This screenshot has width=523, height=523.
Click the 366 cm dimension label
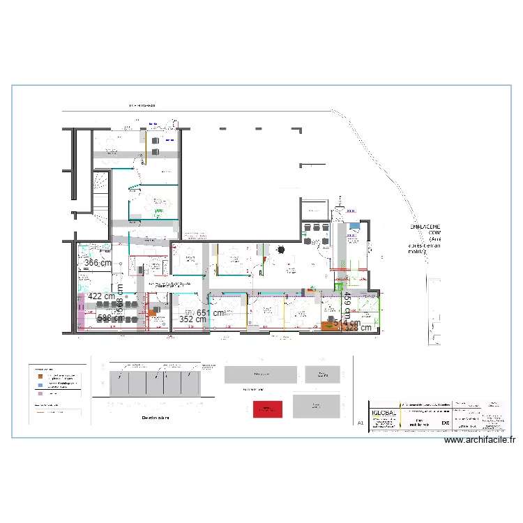tap(98, 263)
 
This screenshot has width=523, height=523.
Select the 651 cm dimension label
tap(211, 313)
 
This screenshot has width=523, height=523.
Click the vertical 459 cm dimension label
tap(347, 305)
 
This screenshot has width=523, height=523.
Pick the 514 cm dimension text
tap(347, 323)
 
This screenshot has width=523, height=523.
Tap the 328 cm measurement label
tap(356, 328)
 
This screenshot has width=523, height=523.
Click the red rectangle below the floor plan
tap(266, 409)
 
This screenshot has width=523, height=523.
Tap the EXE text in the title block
tap(446, 423)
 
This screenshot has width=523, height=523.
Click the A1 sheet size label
tap(361, 423)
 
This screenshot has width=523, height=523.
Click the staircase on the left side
tap(102, 192)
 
